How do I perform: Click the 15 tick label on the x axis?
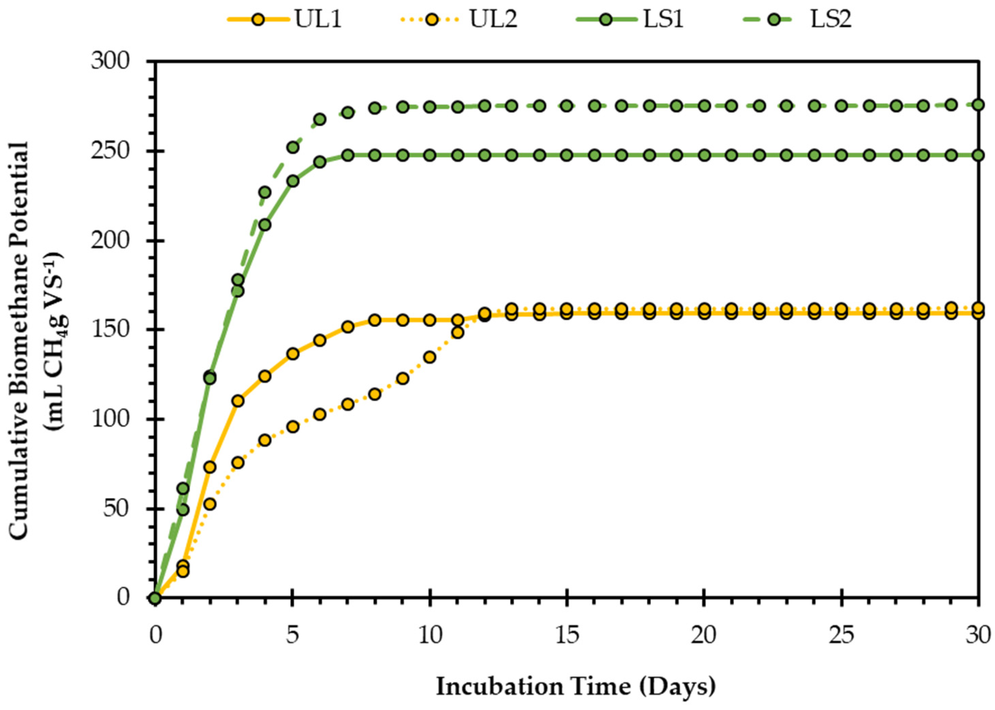click(x=567, y=635)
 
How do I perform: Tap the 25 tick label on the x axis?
click(x=841, y=635)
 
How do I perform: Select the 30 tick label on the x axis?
click(x=978, y=635)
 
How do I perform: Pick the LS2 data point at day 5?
click(x=293, y=147)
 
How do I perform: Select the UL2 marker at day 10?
click(x=430, y=357)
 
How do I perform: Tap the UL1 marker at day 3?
click(x=238, y=401)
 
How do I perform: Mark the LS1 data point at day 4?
click(x=265, y=225)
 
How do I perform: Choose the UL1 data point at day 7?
click(x=348, y=327)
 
